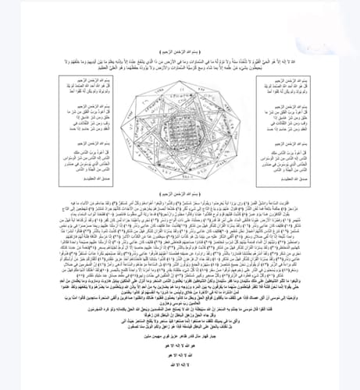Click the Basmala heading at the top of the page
tap(179, 48)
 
